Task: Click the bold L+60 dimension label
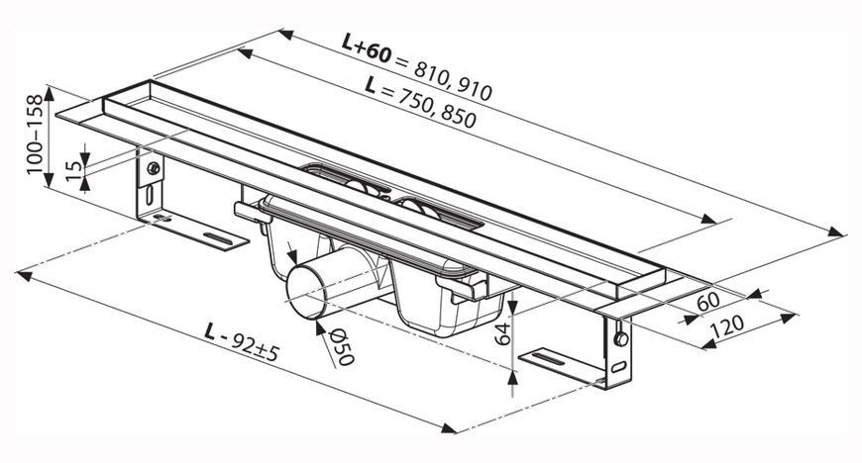click(x=367, y=48)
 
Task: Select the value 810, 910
click(x=453, y=82)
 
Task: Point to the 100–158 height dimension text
click(x=35, y=134)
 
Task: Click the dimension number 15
click(x=73, y=171)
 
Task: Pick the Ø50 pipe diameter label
click(x=342, y=346)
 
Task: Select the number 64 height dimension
click(x=502, y=333)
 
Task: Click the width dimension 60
click(x=708, y=302)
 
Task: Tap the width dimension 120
click(x=727, y=326)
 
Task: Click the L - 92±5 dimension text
click(x=241, y=341)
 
